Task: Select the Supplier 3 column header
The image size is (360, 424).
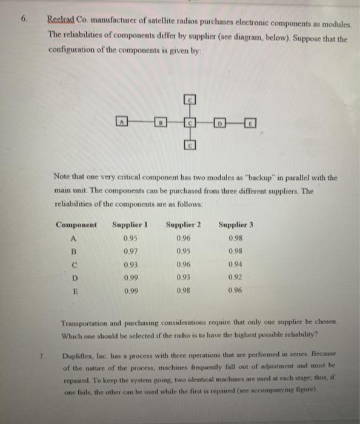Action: (236, 225)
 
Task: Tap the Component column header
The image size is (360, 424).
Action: (76, 225)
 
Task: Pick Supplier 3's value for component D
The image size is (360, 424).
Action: (234, 277)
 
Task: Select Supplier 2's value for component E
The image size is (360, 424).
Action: (182, 290)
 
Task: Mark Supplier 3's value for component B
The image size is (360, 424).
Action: (234, 251)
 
